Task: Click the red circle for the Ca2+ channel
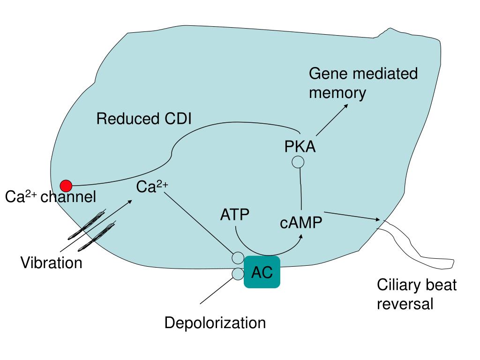(x=66, y=186)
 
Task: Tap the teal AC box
(x=262, y=272)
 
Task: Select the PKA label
(x=300, y=147)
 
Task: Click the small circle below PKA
(x=298, y=162)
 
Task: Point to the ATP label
(x=235, y=215)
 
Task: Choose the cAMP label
(x=301, y=223)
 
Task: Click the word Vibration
(x=51, y=263)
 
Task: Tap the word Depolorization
(x=215, y=323)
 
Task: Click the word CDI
(x=178, y=119)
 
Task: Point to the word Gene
(x=328, y=74)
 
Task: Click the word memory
(x=337, y=93)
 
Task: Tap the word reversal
(x=405, y=304)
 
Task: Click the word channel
(x=68, y=197)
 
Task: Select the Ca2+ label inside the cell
(x=152, y=187)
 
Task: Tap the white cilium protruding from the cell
(x=422, y=253)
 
